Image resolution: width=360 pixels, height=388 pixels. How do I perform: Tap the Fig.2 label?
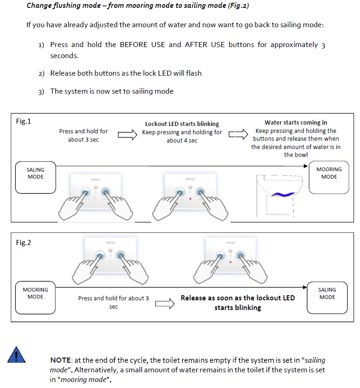click(24, 242)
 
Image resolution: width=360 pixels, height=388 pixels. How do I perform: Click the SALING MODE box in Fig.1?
click(36, 177)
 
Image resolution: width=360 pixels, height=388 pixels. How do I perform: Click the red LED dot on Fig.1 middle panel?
click(190, 199)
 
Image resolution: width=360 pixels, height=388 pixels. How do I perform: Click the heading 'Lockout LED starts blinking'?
click(182, 124)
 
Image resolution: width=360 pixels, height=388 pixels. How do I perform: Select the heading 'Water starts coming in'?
click(296, 123)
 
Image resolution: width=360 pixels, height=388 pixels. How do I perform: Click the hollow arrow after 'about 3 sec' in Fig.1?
click(128, 135)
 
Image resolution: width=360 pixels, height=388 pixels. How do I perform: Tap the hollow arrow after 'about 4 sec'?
click(238, 134)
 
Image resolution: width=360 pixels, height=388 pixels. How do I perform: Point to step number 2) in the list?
click(41, 73)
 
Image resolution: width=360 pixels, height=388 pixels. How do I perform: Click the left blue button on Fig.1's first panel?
click(85, 192)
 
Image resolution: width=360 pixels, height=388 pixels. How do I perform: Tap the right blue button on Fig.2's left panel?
click(121, 255)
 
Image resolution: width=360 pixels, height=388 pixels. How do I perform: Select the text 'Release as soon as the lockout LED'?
click(237, 298)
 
